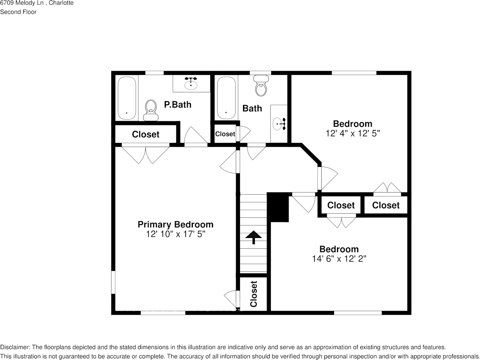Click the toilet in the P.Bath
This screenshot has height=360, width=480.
[x=151, y=109]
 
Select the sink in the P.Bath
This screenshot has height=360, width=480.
[x=191, y=83]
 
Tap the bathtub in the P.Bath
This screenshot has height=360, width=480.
[x=127, y=98]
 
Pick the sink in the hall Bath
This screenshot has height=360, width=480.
[x=280, y=123]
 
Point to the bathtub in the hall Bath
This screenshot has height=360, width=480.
[x=227, y=98]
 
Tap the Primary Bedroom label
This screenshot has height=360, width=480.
[x=175, y=224]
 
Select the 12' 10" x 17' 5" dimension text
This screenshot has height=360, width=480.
[x=175, y=234]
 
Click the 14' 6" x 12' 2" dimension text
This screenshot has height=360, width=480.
[x=339, y=259]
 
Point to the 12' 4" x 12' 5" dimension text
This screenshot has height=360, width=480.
[x=353, y=133]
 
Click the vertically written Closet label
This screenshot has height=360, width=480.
[x=254, y=294]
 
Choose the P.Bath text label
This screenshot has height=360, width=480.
[x=178, y=105]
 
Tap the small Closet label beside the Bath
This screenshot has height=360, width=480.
[x=225, y=134]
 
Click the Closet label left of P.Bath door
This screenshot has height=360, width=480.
[x=146, y=134]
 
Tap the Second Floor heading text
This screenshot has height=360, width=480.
[x=18, y=12]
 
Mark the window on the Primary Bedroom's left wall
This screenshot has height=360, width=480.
[x=113, y=282]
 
